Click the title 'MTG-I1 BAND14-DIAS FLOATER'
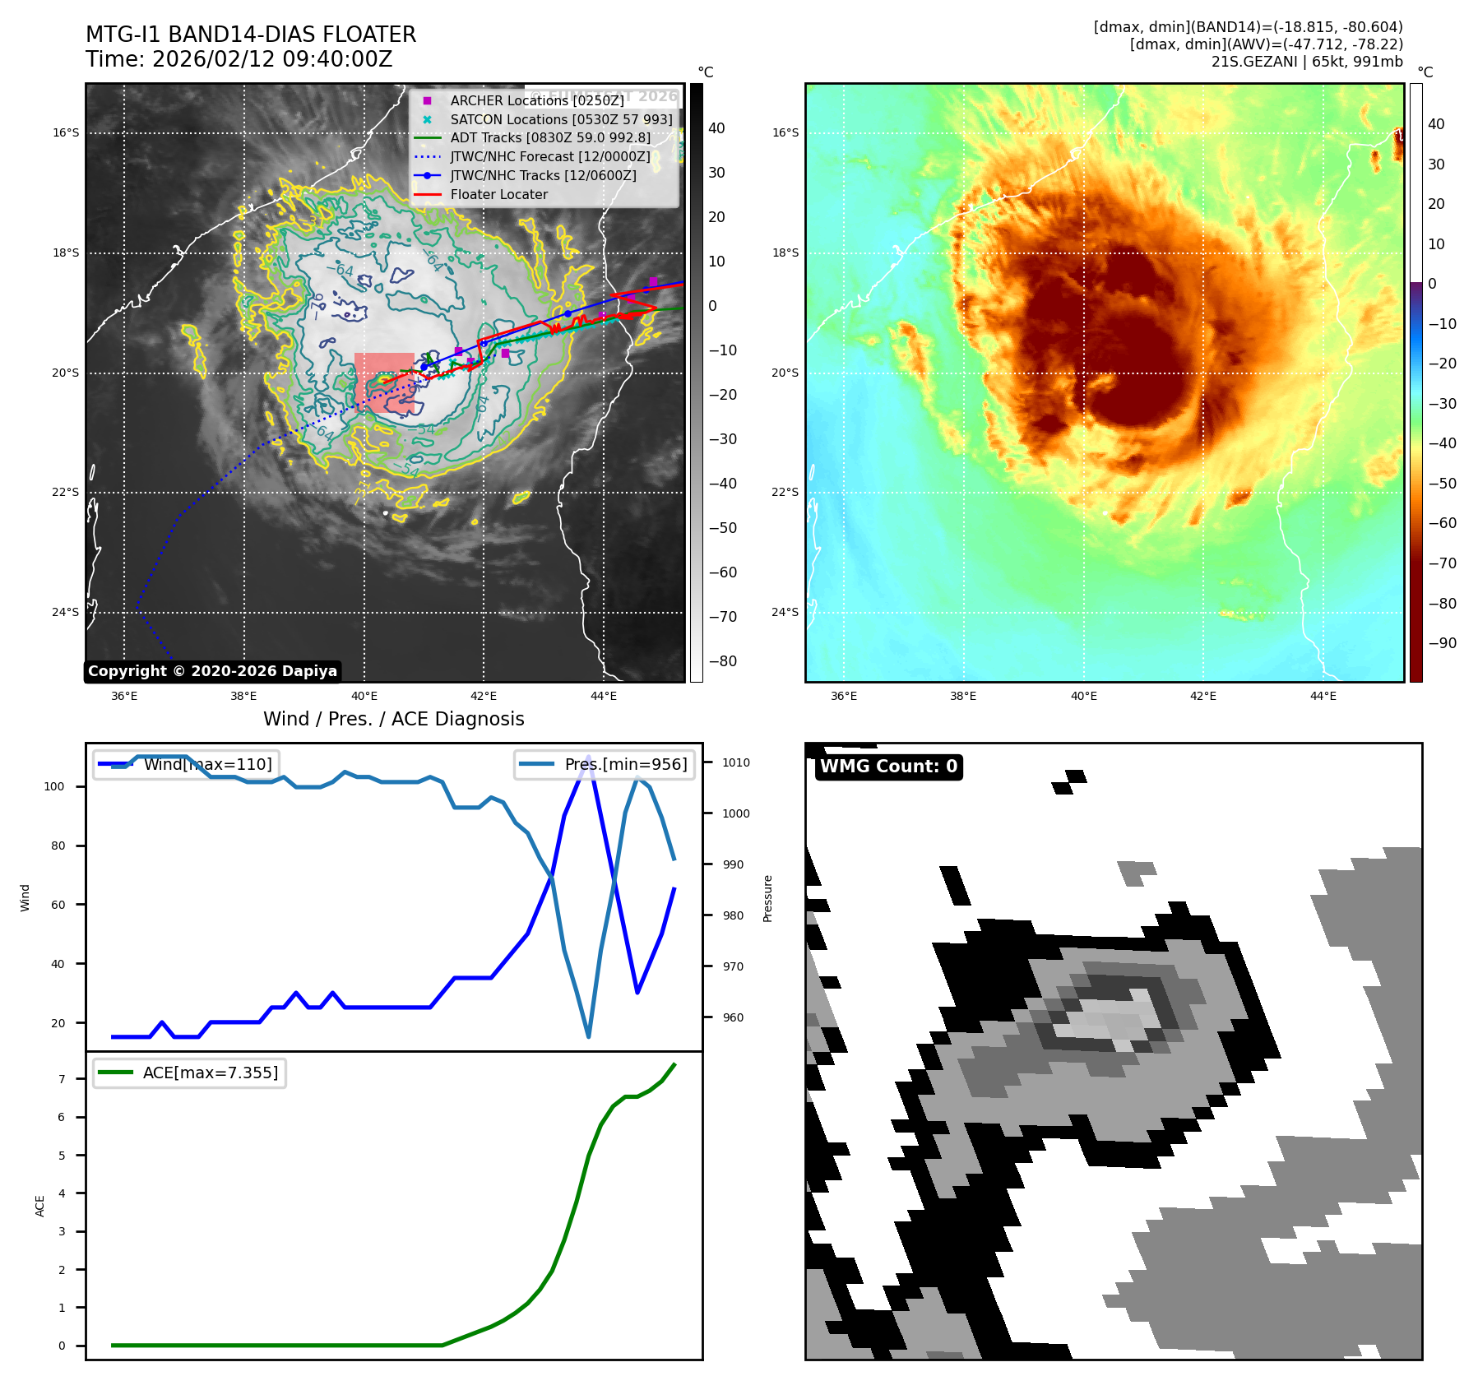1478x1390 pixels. coord(251,35)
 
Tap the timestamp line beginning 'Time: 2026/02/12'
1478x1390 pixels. coord(239,59)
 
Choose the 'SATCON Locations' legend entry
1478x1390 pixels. coord(560,119)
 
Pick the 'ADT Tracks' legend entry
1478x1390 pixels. coord(549,138)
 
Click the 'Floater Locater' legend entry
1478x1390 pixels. coord(498,195)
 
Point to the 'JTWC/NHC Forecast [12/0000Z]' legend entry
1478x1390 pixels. coord(549,157)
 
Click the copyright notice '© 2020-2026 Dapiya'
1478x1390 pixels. coord(212,671)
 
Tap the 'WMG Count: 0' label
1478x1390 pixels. coord(888,767)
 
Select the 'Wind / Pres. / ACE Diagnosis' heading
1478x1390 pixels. coord(393,719)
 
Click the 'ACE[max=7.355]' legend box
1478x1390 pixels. coord(189,1073)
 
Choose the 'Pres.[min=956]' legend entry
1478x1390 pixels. coord(605,764)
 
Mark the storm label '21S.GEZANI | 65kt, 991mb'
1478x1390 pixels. coord(1306,62)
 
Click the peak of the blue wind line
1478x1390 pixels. coord(588,756)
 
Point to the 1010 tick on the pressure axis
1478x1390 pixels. coord(735,762)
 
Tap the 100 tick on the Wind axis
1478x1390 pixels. coord(54,786)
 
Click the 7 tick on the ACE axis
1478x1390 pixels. coord(62,1079)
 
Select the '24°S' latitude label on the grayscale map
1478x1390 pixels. coord(66,612)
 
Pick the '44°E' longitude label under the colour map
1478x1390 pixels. coord(1323,696)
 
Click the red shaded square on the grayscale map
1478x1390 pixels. coord(384,382)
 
